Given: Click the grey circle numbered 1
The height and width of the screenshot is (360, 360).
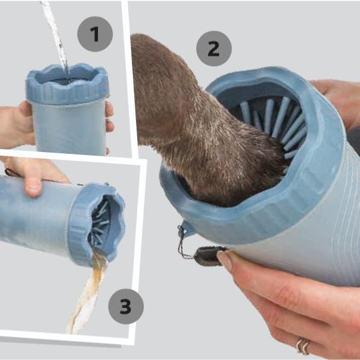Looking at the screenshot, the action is [95, 34].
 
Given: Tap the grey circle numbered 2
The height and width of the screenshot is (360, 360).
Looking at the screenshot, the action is [214, 49].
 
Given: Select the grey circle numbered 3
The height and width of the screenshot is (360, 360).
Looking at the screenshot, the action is [126, 307].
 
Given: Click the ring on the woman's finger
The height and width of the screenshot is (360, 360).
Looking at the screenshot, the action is [302, 346].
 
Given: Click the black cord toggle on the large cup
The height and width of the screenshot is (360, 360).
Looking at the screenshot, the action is [207, 256].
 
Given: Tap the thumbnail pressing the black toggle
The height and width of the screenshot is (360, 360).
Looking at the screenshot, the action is [225, 259].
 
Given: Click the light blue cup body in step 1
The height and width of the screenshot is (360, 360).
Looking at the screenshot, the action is [69, 128].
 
